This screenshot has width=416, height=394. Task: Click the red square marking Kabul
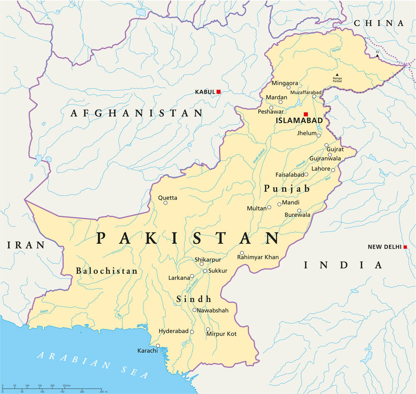(x=218, y=92)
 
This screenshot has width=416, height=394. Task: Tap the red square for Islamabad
(x=306, y=114)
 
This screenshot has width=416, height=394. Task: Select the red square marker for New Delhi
(x=405, y=247)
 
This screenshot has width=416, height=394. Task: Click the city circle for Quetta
(x=165, y=203)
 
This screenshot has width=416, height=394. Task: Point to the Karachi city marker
(x=158, y=345)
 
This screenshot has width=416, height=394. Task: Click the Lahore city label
(x=321, y=169)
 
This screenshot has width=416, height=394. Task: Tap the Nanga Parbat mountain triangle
(x=337, y=75)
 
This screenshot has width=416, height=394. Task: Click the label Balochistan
(x=106, y=271)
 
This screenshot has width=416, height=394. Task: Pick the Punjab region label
(x=287, y=189)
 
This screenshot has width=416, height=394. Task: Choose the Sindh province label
(x=193, y=299)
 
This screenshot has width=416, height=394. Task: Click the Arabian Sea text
(x=92, y=366)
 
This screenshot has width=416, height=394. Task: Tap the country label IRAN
(x=26, y=245)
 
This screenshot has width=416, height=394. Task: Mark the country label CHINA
(x=379, y=23)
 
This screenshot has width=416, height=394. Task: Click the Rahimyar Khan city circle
(x=242, y=253)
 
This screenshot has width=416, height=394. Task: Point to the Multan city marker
(x=269, y=207)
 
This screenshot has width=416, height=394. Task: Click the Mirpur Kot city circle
(x=208, y=329)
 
